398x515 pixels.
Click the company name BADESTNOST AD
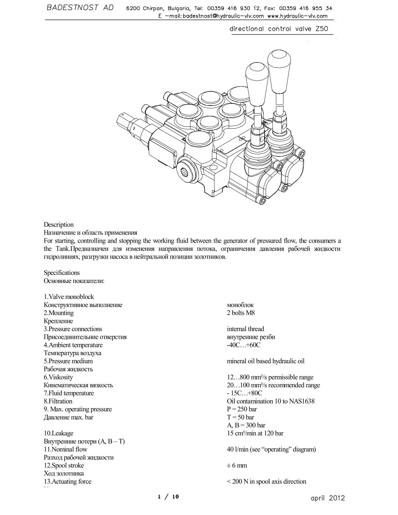(x=80, y=8)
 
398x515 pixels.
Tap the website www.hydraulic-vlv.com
(x=297, y=16)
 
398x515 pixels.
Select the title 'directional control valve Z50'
(x=279, y=29)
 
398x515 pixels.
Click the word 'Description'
(x=59, y=225)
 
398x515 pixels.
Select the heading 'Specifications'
(x=61, y=273)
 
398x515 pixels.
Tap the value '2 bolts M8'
(x=241, y=313)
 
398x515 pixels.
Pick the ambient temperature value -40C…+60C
(x=243, y=345)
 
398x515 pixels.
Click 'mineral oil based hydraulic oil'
(x=266, y=361)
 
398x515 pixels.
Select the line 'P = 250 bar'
(x=242, y=409)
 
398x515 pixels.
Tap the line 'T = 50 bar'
(x=240, y=417)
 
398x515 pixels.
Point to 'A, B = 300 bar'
(x=246, y=425)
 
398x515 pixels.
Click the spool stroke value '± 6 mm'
(x=237, y=465)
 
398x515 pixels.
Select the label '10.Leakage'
(x=58, y=433)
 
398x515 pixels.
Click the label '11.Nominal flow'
(x=65, y=449)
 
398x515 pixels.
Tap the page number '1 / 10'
(x=169, y=497)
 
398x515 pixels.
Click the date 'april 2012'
(x=328, y=498)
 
